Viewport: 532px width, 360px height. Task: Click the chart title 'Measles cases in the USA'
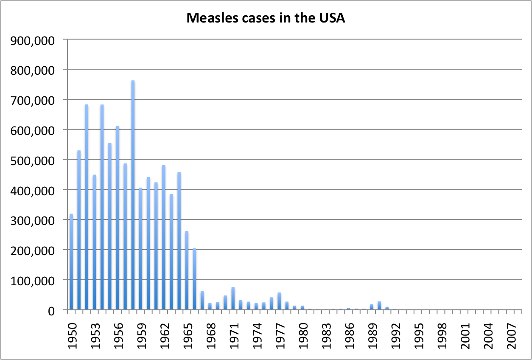266,18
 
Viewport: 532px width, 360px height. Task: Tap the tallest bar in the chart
133,195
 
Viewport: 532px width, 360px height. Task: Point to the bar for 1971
233,299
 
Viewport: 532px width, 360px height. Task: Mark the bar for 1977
279,301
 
